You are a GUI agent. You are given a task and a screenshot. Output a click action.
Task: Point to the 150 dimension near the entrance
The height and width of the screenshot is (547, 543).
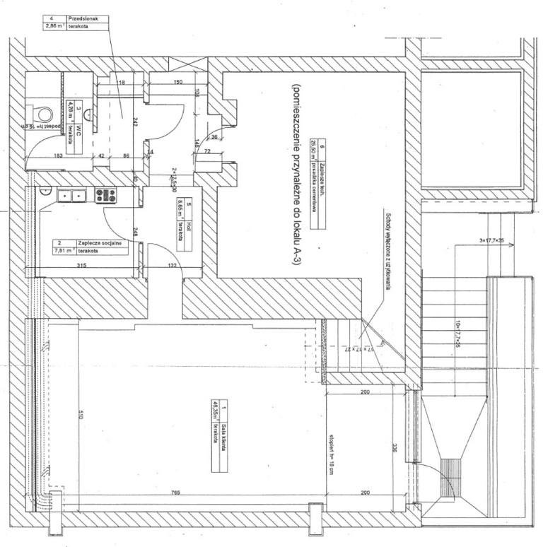tap(178, 83)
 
